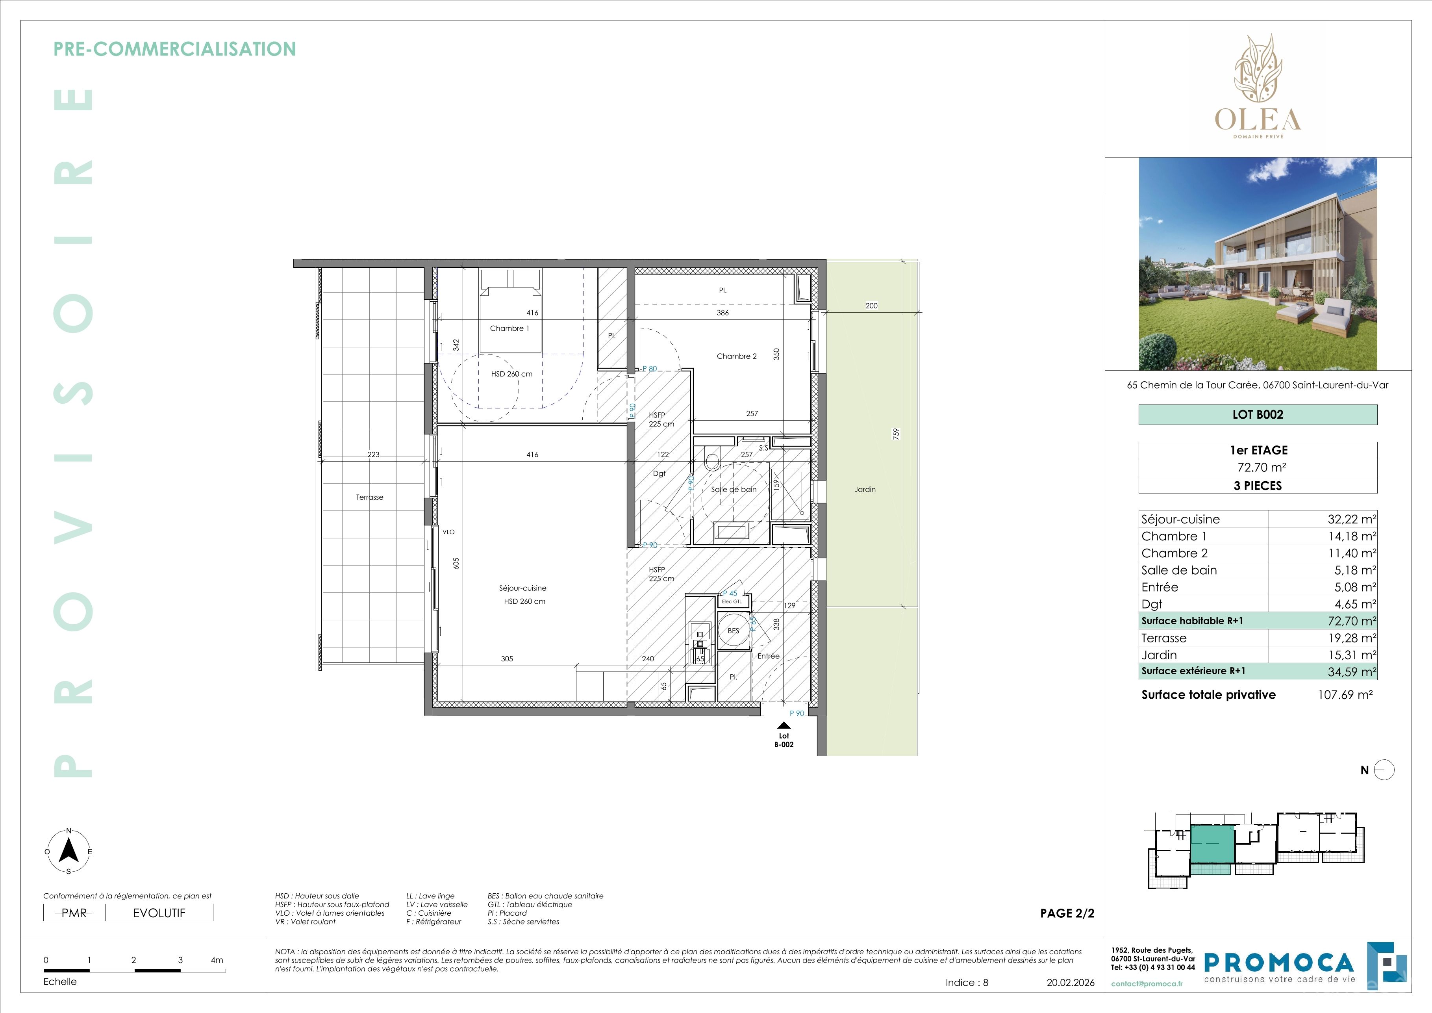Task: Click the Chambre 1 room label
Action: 509,328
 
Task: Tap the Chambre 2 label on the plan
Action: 737,356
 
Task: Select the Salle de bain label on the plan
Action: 734,490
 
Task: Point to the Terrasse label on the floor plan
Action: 369,497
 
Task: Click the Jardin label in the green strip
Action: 865,490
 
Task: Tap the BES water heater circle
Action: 734,631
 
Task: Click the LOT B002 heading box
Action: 1258,415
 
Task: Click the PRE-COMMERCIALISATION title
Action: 175,49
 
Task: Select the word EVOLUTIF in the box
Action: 159,913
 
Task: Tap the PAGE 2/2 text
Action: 1067,913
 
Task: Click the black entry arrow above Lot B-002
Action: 784,725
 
